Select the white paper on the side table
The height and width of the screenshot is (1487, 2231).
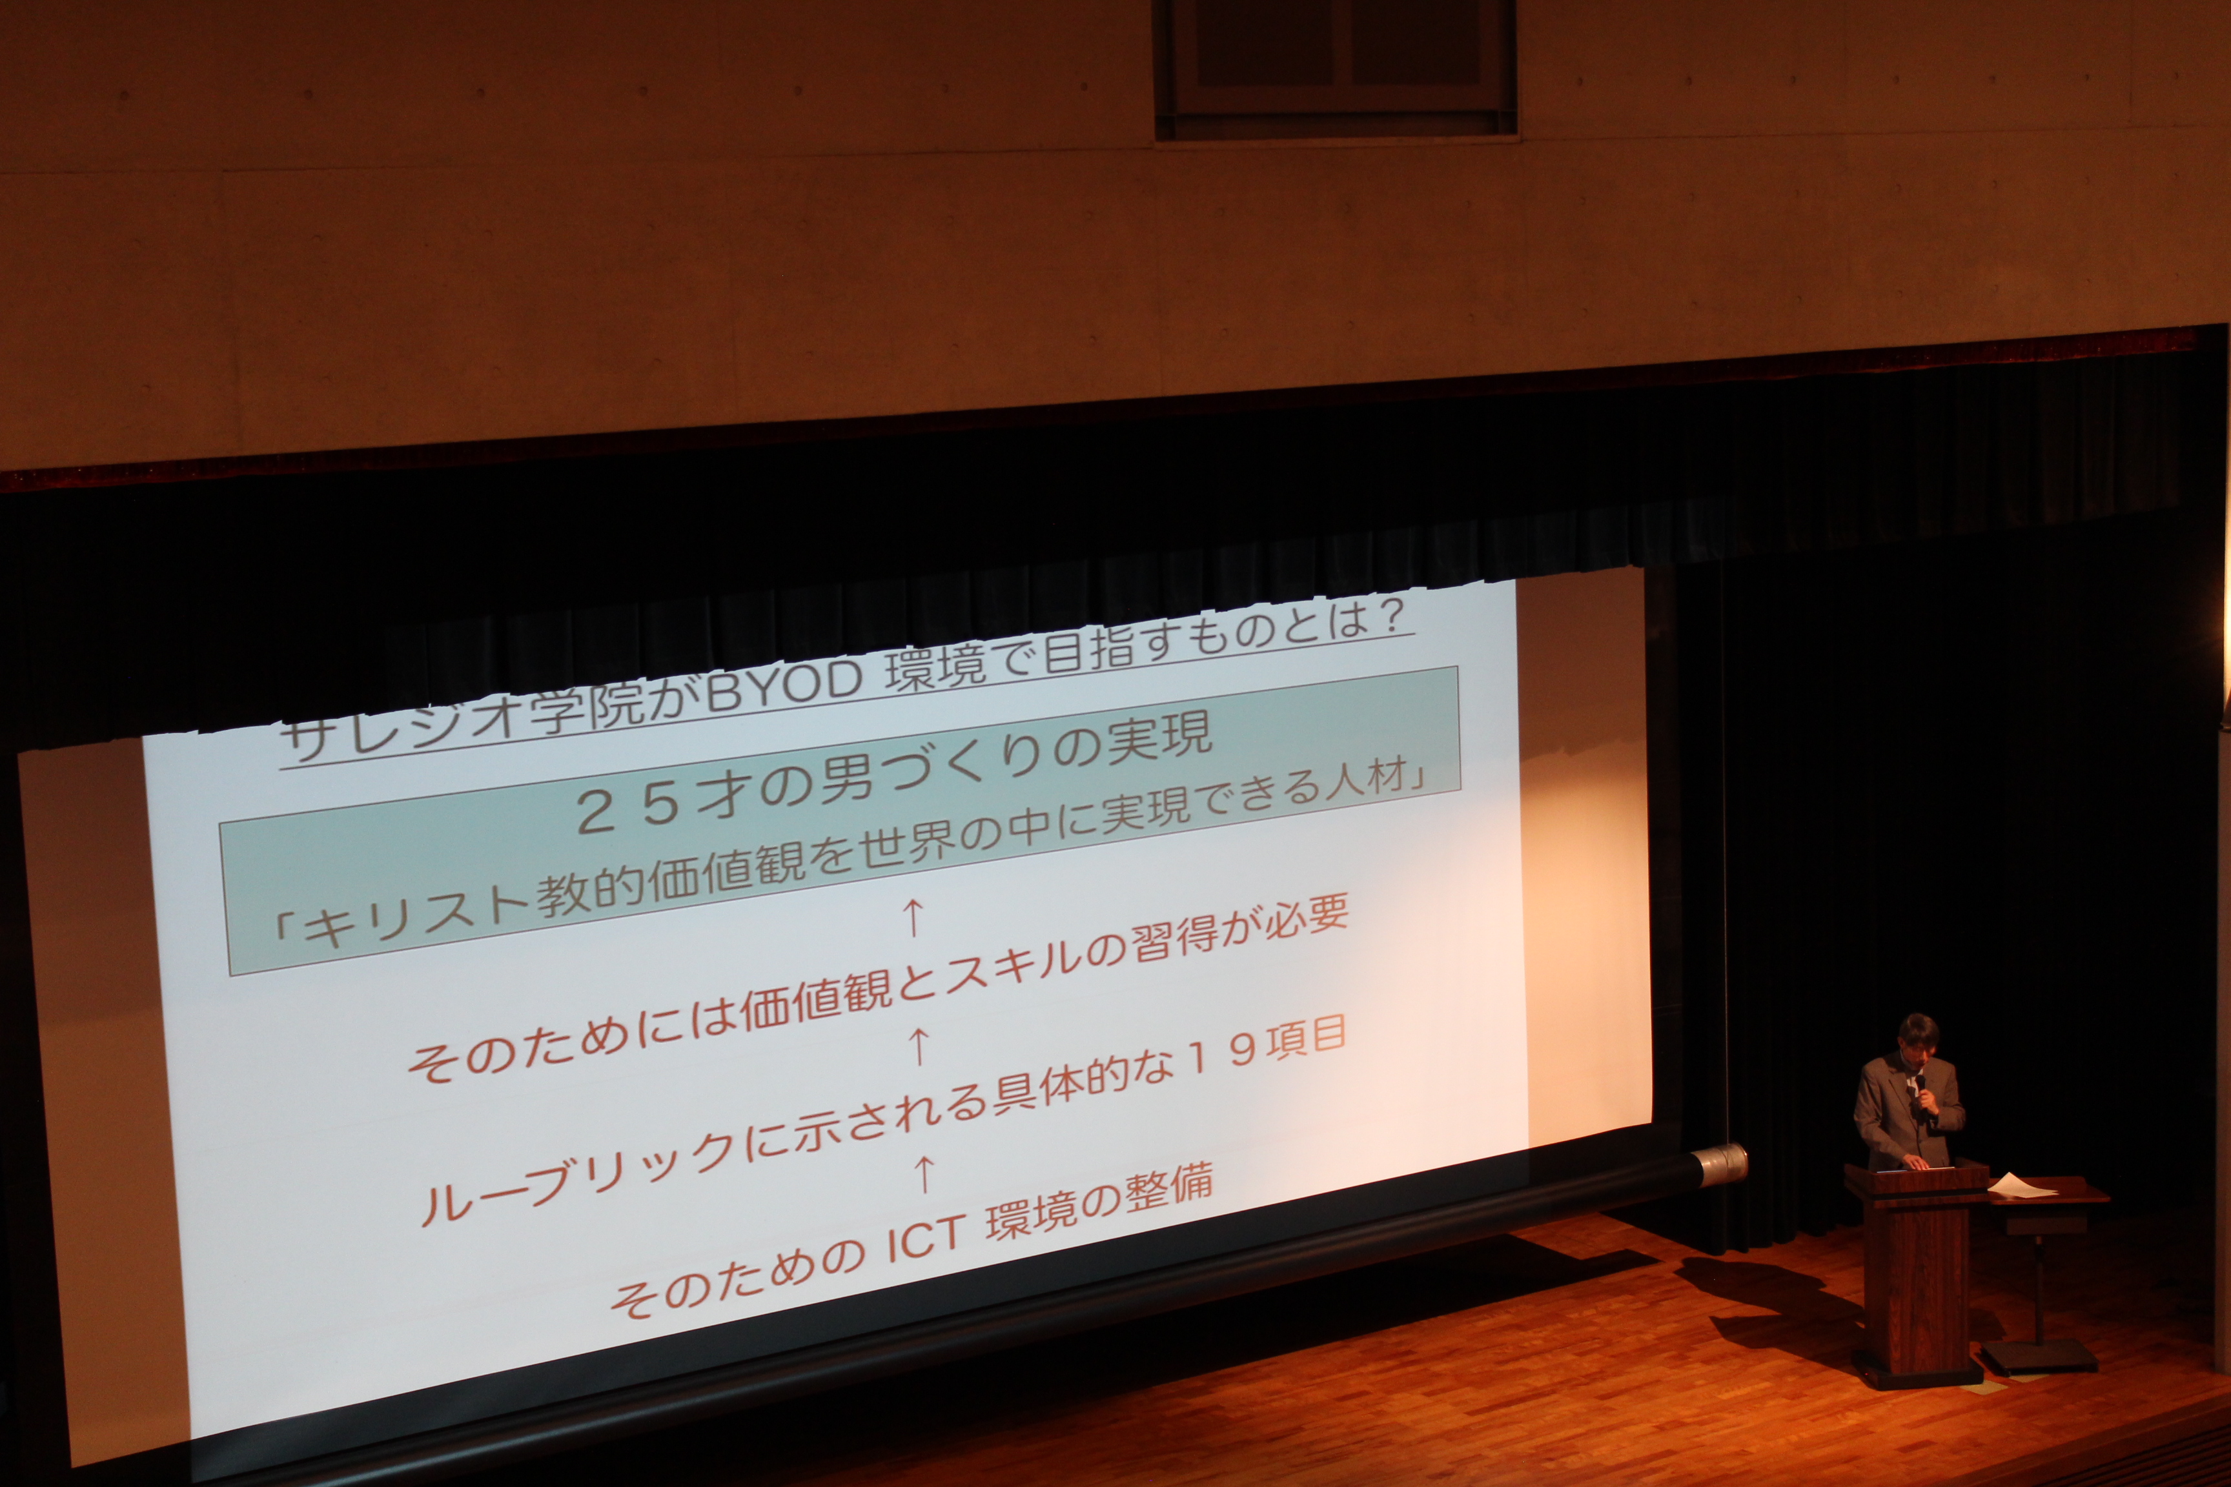click(x=2021, y=1186)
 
